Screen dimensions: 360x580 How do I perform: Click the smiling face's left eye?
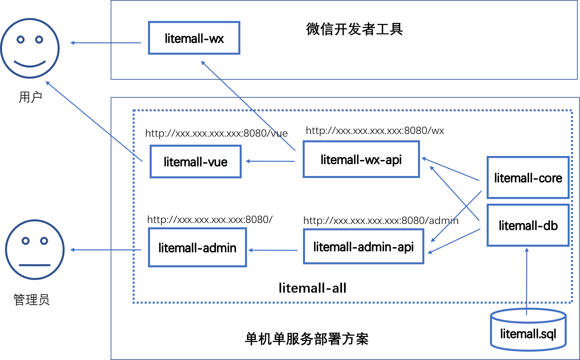[x=21, y=40]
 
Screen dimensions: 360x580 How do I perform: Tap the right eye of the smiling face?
[x=39, y=40]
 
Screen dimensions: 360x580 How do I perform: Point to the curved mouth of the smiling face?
[x=30, y=64]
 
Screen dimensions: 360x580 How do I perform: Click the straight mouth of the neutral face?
[x=35, y=265]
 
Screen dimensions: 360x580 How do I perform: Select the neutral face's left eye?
[x=26, y=241]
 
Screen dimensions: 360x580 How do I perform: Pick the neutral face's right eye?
[x=44, y=241]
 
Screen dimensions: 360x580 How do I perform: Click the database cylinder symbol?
[x=528, y=330]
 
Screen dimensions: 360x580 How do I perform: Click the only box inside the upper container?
[x=194, y=38]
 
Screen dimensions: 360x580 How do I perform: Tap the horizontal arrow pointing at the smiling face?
[x=106, y=43]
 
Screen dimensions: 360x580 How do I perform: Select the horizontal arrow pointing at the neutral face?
[x=106, y=250]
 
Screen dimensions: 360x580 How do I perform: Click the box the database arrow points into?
[x=528, y=225]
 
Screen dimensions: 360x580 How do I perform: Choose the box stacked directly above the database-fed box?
[x=528, y=177]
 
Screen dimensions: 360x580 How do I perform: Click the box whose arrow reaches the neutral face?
[x=197, y=247]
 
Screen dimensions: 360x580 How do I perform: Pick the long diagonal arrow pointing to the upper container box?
[x=248, y=106]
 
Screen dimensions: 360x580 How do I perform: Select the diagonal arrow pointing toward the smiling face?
[x=94, y=121]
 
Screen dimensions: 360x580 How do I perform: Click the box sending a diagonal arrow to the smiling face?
[x=196, y=161]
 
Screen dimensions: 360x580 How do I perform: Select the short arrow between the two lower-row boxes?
[x=273, y=250]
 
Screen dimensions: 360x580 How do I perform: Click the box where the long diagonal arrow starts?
[x=361, y=159]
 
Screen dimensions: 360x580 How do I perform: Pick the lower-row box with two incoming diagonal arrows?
[x=363, y=246]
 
